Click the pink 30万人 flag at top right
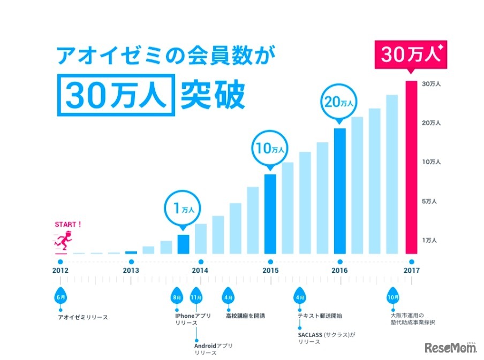tap(410, 55)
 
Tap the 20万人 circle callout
tap(338, 102)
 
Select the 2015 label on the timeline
tap(270, 271)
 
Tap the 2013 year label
tap(131, 271)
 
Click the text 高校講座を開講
tap(245, 316)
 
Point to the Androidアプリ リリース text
tap(213, 349)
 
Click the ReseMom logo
tap(451, 349)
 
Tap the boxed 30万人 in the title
tap(117, 96)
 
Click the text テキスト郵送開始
tap(321, 316)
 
